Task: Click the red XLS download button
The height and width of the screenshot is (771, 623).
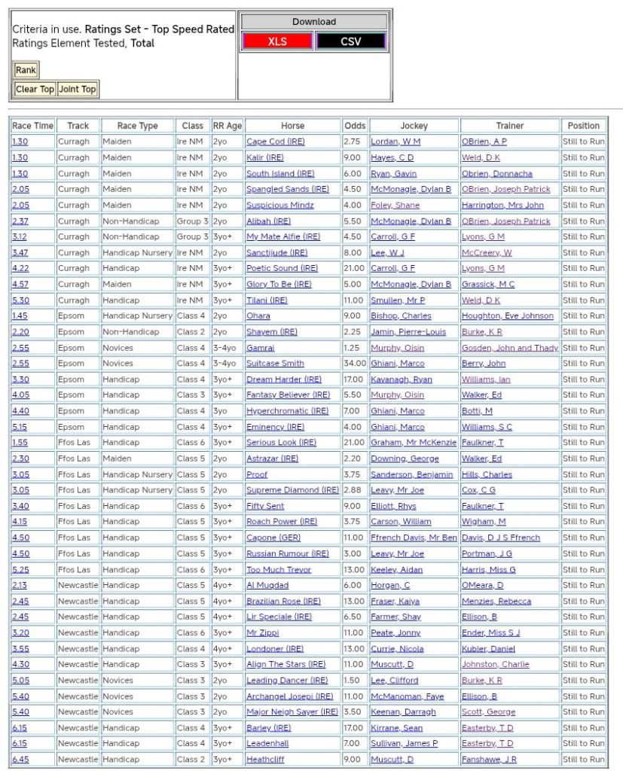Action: [x=276, y=41]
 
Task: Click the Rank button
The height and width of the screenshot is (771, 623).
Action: [x=26, y=70]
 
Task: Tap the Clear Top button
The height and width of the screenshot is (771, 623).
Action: [x=35, y=89]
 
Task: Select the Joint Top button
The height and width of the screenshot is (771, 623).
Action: [x=78, y=89]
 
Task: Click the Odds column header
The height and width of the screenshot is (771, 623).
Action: [x=355, y=126]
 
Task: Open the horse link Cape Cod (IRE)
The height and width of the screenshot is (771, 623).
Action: [x=276, y=142]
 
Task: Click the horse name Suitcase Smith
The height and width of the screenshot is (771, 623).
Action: [x=275, y=364]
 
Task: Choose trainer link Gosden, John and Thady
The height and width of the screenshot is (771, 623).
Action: [x=510, y=348]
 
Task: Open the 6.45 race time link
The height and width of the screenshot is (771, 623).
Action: [x=20, y=760]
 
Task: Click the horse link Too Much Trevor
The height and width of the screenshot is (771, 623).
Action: [x=279, y=569]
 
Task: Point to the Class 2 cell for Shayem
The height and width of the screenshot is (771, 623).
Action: [x=192, y=332]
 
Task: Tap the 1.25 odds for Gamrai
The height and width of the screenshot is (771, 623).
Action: [x=352, y=348]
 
